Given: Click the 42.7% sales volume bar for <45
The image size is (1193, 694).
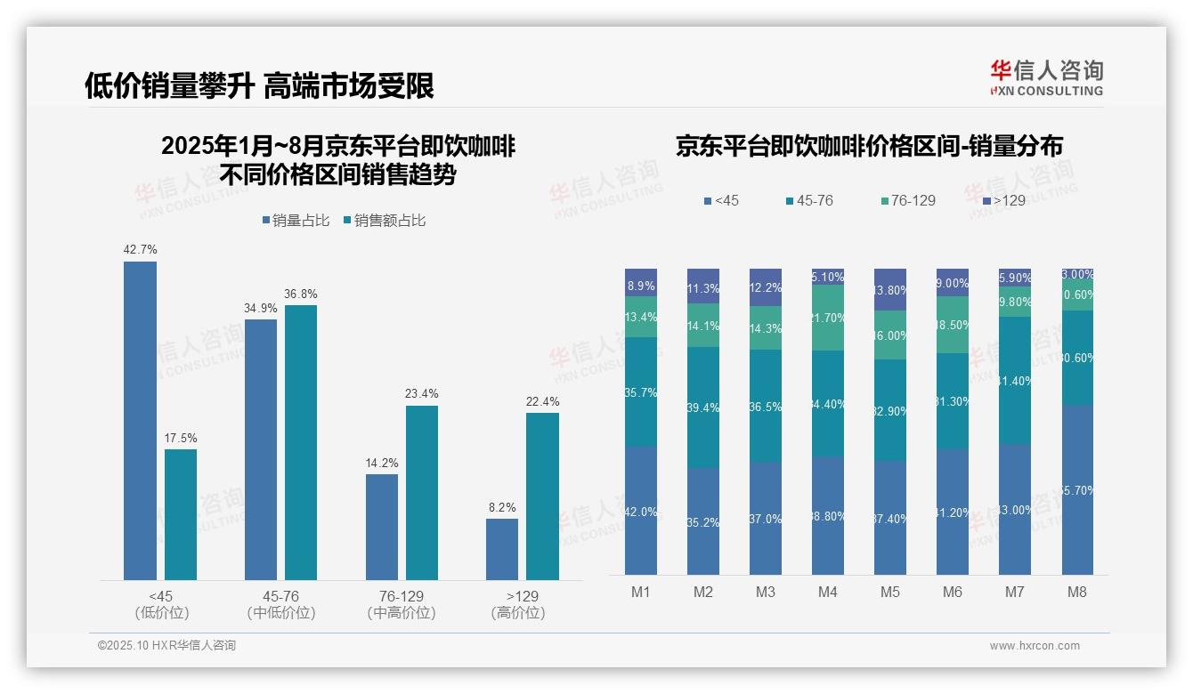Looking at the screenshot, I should pos(140,420).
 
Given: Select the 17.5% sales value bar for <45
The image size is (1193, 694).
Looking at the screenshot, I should pos(181,514).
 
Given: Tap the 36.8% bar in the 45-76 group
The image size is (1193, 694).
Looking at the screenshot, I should pos(301,442).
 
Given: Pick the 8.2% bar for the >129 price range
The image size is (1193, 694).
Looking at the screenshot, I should pos(502,549).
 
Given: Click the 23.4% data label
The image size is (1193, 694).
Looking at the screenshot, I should pos(422,394).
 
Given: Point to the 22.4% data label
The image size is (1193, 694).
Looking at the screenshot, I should pos(542,401).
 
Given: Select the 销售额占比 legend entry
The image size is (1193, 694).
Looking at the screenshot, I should pos(384,220).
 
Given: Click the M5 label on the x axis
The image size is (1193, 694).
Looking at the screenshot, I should pos(890,592).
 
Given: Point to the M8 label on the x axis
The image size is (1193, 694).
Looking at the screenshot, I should pos(1076,592).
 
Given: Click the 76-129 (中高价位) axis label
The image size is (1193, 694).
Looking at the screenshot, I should pos(402,604).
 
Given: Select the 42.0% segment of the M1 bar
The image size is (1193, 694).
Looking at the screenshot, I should pos(641,511).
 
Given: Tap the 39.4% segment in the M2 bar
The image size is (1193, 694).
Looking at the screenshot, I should pos(703,408).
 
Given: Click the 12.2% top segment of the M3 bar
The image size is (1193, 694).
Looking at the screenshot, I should pos(766,287).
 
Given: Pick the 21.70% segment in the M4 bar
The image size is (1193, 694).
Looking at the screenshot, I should pos(828,318).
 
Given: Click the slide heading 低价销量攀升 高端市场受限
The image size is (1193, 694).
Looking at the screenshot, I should pos(259,85).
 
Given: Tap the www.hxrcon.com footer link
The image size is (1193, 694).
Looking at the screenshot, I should pos(1035,646).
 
